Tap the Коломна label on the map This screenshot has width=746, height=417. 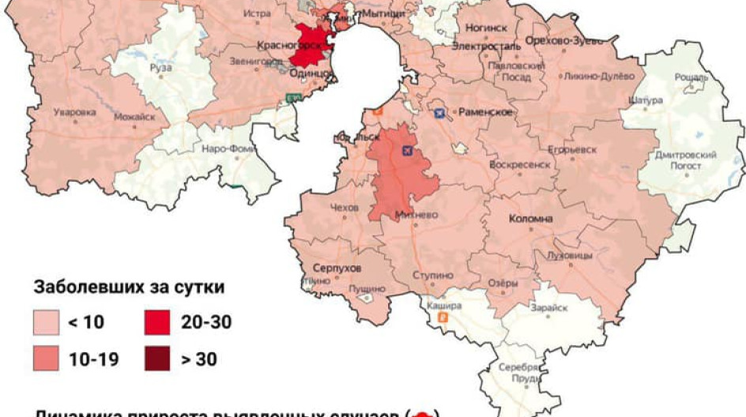click(530, 219)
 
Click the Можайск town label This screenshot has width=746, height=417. click(134, 117)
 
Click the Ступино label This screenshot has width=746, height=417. click(433, 276)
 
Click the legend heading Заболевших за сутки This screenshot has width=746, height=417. click(129, 287)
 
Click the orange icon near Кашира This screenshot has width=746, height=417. click(443, 318)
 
